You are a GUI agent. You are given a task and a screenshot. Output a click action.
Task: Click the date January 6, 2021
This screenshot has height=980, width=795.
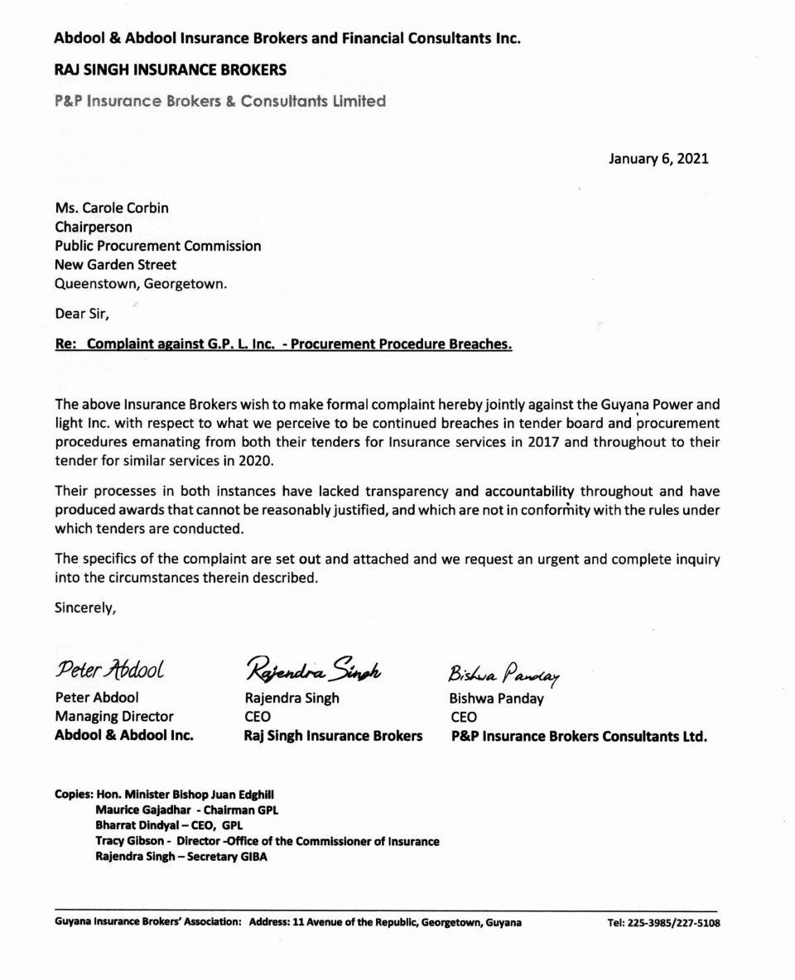pyautogui.click(x=658, y=159)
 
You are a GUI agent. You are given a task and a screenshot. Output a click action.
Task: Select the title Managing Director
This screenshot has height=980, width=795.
pyautogui.click(x=114, y=716)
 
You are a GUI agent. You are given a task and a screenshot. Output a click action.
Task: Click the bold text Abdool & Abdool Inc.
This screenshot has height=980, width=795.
pyautogui.click(x=124, y=736)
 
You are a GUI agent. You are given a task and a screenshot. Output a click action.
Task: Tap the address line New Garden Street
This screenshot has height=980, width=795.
pyautogui.click(x=115, y=265)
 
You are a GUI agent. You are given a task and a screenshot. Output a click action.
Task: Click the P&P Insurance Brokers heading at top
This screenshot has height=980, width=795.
pyautogui.click(x=219, y=102)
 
